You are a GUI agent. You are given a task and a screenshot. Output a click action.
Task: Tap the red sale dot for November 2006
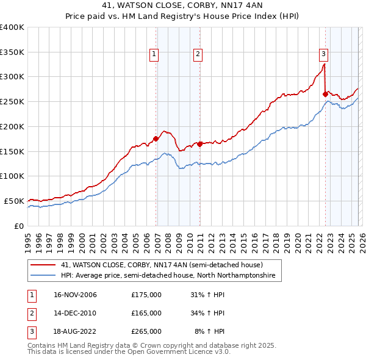point(156,139)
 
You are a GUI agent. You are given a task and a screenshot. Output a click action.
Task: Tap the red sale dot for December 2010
point(199,144)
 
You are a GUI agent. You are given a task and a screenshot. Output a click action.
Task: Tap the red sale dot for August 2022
point(325,94)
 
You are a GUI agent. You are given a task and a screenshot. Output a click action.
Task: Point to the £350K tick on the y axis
point(12,52)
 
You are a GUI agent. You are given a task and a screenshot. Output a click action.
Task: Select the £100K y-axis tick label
point(12,176)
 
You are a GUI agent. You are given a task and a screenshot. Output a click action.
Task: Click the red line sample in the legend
point(43,265)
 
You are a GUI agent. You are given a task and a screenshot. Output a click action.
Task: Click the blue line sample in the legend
point(43,276)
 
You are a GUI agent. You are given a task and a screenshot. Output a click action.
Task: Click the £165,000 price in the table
point(146,313)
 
